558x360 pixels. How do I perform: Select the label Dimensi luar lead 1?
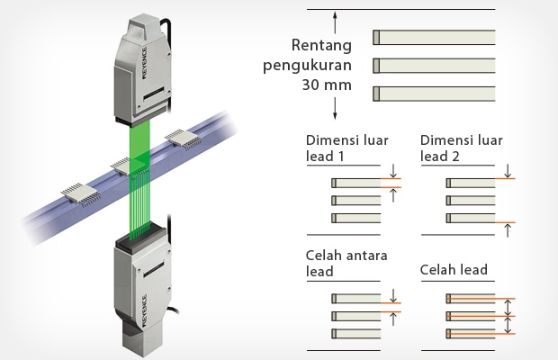343,148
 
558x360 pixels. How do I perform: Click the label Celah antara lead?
347,264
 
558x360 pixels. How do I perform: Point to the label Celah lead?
454,271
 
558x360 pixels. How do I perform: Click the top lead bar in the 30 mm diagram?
434,37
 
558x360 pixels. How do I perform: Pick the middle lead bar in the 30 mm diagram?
434,65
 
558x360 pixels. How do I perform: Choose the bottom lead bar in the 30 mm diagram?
434,92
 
